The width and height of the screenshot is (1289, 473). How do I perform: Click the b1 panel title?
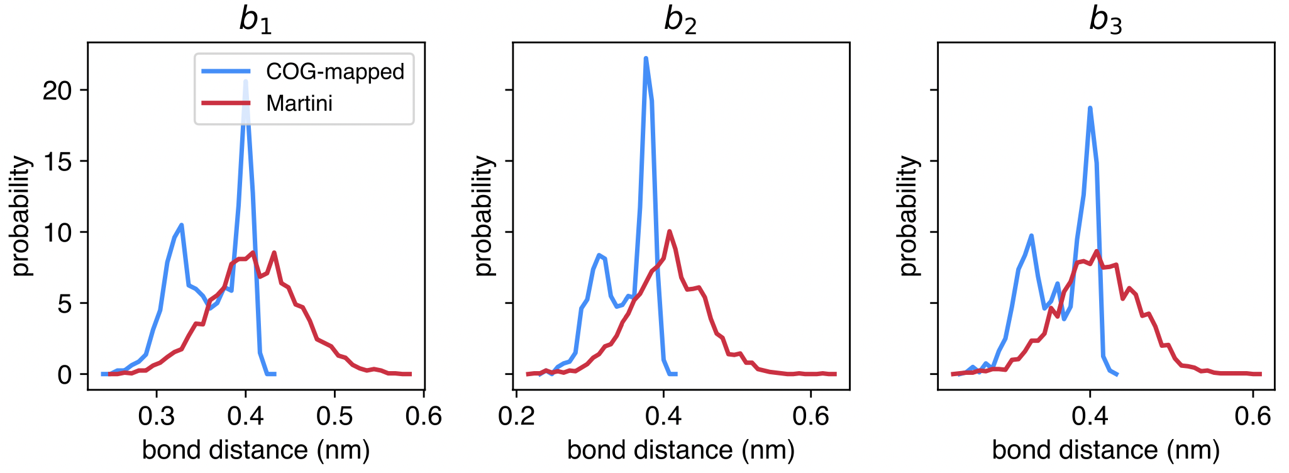click(x=256, y=20)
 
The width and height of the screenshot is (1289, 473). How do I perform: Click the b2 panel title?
click(x=680, y=20)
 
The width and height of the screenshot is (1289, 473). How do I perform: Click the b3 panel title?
click(x=1105, y=20)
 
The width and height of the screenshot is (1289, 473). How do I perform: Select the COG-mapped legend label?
click(x=335, y=72)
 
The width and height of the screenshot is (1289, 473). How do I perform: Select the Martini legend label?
click(x=299, y=103)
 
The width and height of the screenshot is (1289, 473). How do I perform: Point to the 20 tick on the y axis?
click(x=57, y=91)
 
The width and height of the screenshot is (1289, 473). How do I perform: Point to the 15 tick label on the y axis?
click(x=57, y=162)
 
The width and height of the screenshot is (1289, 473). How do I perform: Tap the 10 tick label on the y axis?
click(x=57, y=233)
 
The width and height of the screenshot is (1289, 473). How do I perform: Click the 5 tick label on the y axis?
click(x=65, y=304)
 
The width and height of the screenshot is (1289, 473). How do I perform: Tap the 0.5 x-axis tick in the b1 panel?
click(x=335, y=416)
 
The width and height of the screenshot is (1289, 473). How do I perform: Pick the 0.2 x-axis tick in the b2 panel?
click(x=516, y=416)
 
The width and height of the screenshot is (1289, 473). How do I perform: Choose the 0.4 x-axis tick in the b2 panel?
click(x=663, y=416)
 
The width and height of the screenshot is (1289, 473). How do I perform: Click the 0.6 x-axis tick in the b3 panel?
click(x=1253, y=416)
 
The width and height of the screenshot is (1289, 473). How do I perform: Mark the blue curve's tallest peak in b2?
click(x=646, y=58)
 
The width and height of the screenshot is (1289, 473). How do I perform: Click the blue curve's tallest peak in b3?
click(x=1090, y=108)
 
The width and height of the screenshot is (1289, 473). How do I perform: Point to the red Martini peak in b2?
click(x=670, y=231)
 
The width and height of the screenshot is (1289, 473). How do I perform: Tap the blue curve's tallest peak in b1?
click(x=246, y=81)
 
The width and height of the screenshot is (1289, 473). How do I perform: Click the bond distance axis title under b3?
click(x=1105, y=450)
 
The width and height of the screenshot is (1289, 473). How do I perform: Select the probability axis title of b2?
click(x=484, y=216)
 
